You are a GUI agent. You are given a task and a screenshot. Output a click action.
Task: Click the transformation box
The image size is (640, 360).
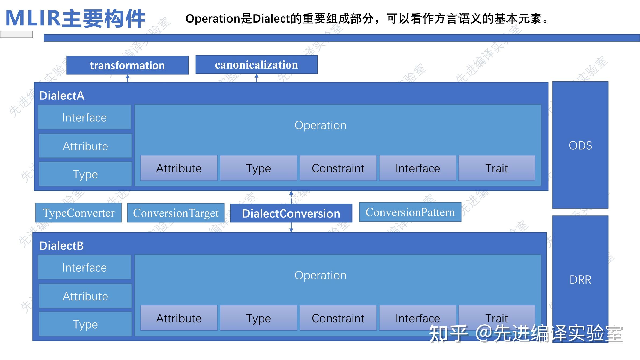coord(127,65)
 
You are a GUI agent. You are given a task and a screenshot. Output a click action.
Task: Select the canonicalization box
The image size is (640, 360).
coord(256,65)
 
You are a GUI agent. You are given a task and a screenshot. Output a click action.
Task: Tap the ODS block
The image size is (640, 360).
coord(580,145)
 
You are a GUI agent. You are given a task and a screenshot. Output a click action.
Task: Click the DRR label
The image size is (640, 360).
coord(580,280)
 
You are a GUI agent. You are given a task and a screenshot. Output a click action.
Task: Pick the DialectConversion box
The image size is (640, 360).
coord(291,213)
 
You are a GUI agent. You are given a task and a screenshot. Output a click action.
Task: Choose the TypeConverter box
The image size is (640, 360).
coord(78,213)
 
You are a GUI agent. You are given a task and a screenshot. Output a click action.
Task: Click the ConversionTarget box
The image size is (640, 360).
coord(176,213)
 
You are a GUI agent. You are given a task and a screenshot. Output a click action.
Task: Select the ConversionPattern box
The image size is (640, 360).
coord(410,212)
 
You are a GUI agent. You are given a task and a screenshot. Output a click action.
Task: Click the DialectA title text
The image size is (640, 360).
coord(62,96)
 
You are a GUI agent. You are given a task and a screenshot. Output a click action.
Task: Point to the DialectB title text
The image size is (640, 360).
coord(62,246)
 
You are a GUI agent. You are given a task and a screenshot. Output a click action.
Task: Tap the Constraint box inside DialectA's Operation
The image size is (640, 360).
coord(338,168)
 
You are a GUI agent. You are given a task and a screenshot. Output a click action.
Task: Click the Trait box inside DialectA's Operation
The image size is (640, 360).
coord(497,168)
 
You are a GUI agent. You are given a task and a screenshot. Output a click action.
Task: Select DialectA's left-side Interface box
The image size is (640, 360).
coord(84,117)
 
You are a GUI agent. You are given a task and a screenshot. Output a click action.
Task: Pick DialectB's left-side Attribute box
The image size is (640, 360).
coord(85,296)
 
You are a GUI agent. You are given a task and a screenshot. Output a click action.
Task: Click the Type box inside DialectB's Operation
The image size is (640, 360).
coord(258,318)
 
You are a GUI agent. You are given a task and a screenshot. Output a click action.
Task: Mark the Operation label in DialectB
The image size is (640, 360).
coord(320,275)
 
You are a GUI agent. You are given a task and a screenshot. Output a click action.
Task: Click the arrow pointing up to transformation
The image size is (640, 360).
coord(128,78)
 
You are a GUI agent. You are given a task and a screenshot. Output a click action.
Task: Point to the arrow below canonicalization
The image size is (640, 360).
coord(257,78)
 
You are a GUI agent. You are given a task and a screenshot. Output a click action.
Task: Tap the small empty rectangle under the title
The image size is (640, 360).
coord(16,34)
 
